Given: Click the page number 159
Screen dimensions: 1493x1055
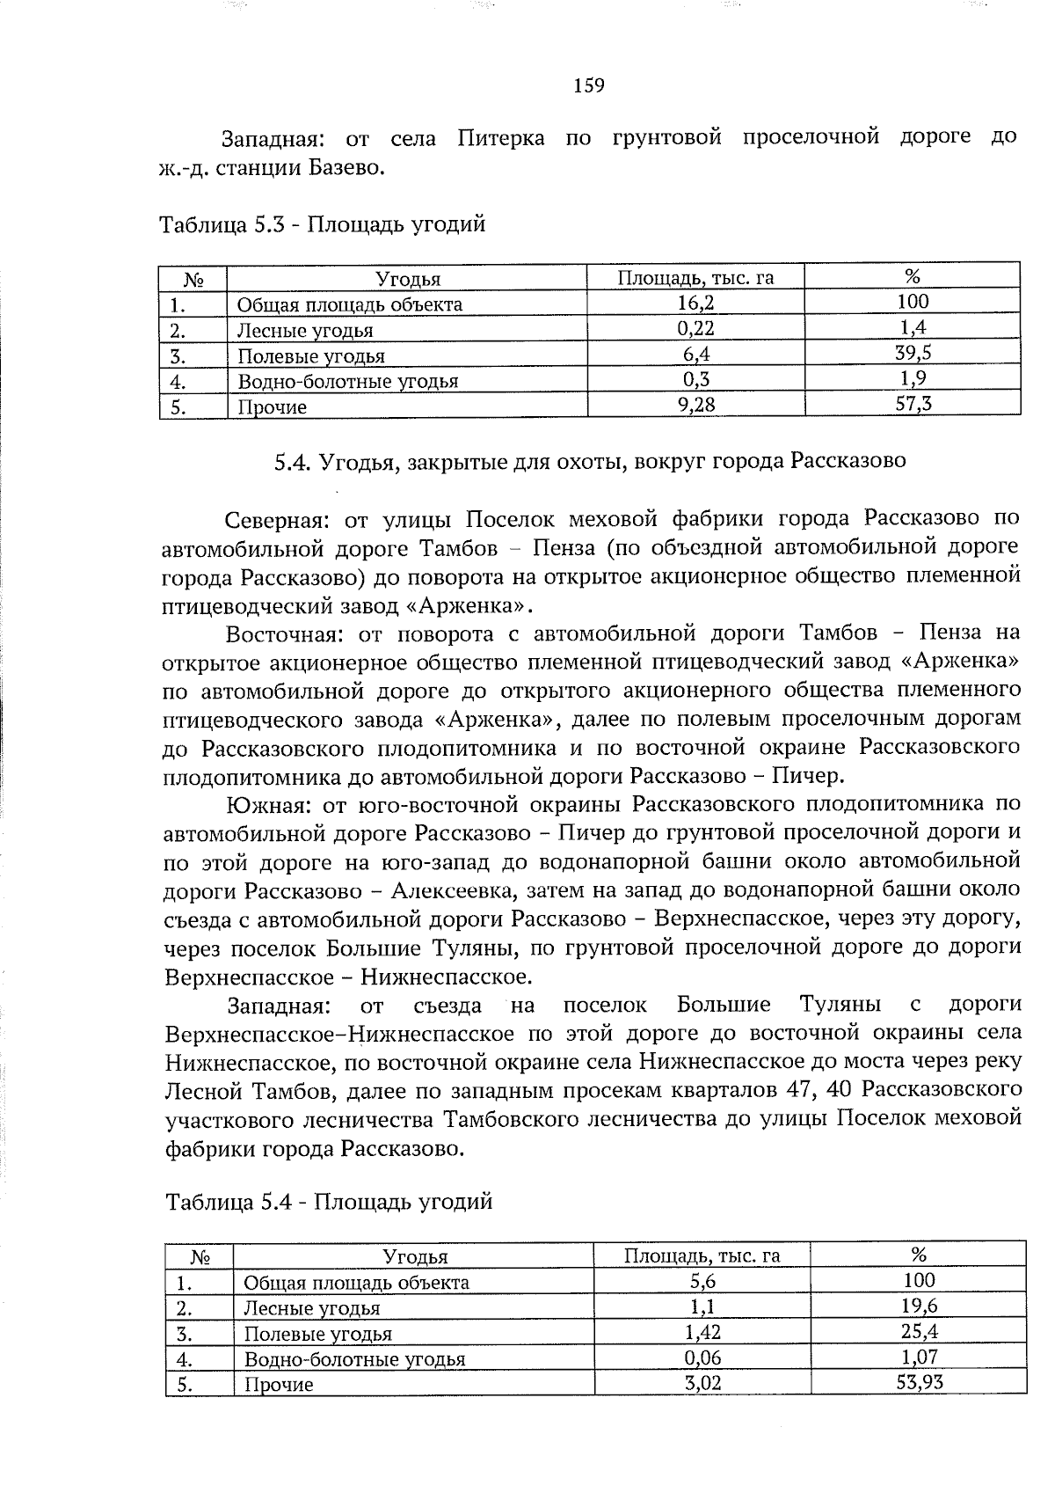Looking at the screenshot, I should pos(588,85).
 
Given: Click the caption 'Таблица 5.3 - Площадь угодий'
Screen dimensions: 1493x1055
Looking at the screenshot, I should pos(322,225).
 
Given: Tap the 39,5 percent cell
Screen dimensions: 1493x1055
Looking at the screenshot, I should pos(913,354).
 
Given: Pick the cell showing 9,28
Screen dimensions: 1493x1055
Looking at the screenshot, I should pos(695,406).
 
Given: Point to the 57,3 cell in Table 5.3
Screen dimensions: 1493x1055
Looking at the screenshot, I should pos(913,405).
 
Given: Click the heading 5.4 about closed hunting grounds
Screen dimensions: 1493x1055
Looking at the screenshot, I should pos(589,460).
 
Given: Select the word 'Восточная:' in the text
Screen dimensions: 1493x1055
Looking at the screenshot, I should pos(283,633).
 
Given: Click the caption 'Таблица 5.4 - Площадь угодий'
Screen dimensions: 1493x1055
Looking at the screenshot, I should pos(329,1202).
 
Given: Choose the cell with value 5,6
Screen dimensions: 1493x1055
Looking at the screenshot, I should pos(702,1281).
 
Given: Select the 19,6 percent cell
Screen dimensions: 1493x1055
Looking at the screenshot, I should pos(919,1306).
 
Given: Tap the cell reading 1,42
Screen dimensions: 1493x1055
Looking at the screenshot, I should pos(702,1332).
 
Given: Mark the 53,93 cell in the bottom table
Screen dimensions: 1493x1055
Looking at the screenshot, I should pos(919,1382).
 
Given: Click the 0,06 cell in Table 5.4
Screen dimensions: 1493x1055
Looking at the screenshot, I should pos(702,1358).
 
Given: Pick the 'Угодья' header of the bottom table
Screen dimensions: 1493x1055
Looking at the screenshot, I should pos(415,1256).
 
